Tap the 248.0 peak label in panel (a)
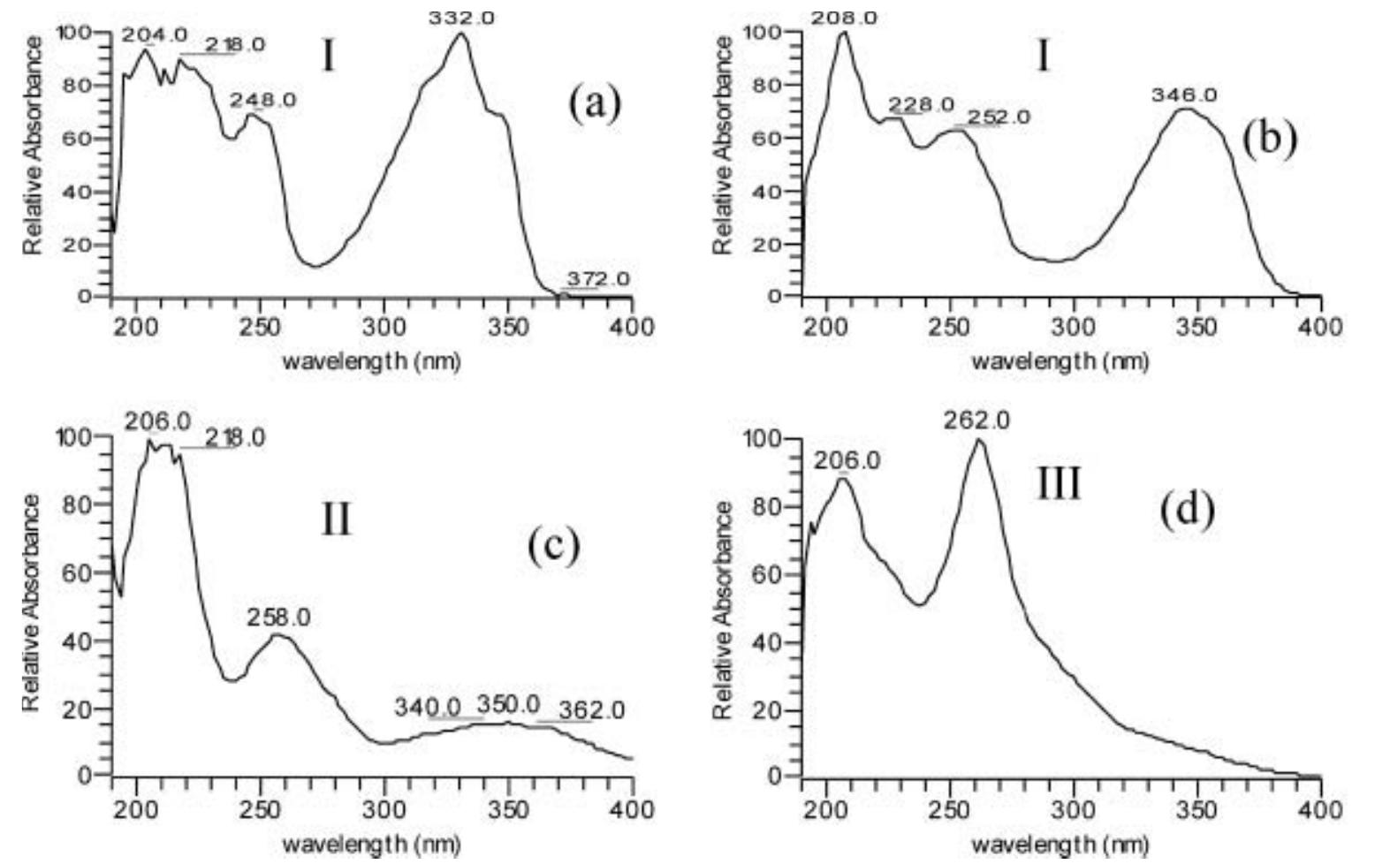coord(262,100)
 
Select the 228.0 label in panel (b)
coord(922,104)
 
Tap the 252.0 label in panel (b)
coord(998,117)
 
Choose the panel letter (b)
coord(1269,138)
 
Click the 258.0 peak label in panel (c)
coord(278,618)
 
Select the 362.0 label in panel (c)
coord(592,709)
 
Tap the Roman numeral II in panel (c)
coord(335,519)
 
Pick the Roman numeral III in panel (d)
coord(1058,483)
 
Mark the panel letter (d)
coord(1187,509)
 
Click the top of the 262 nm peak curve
coord(978,440)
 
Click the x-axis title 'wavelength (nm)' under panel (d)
coord(1060,844)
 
